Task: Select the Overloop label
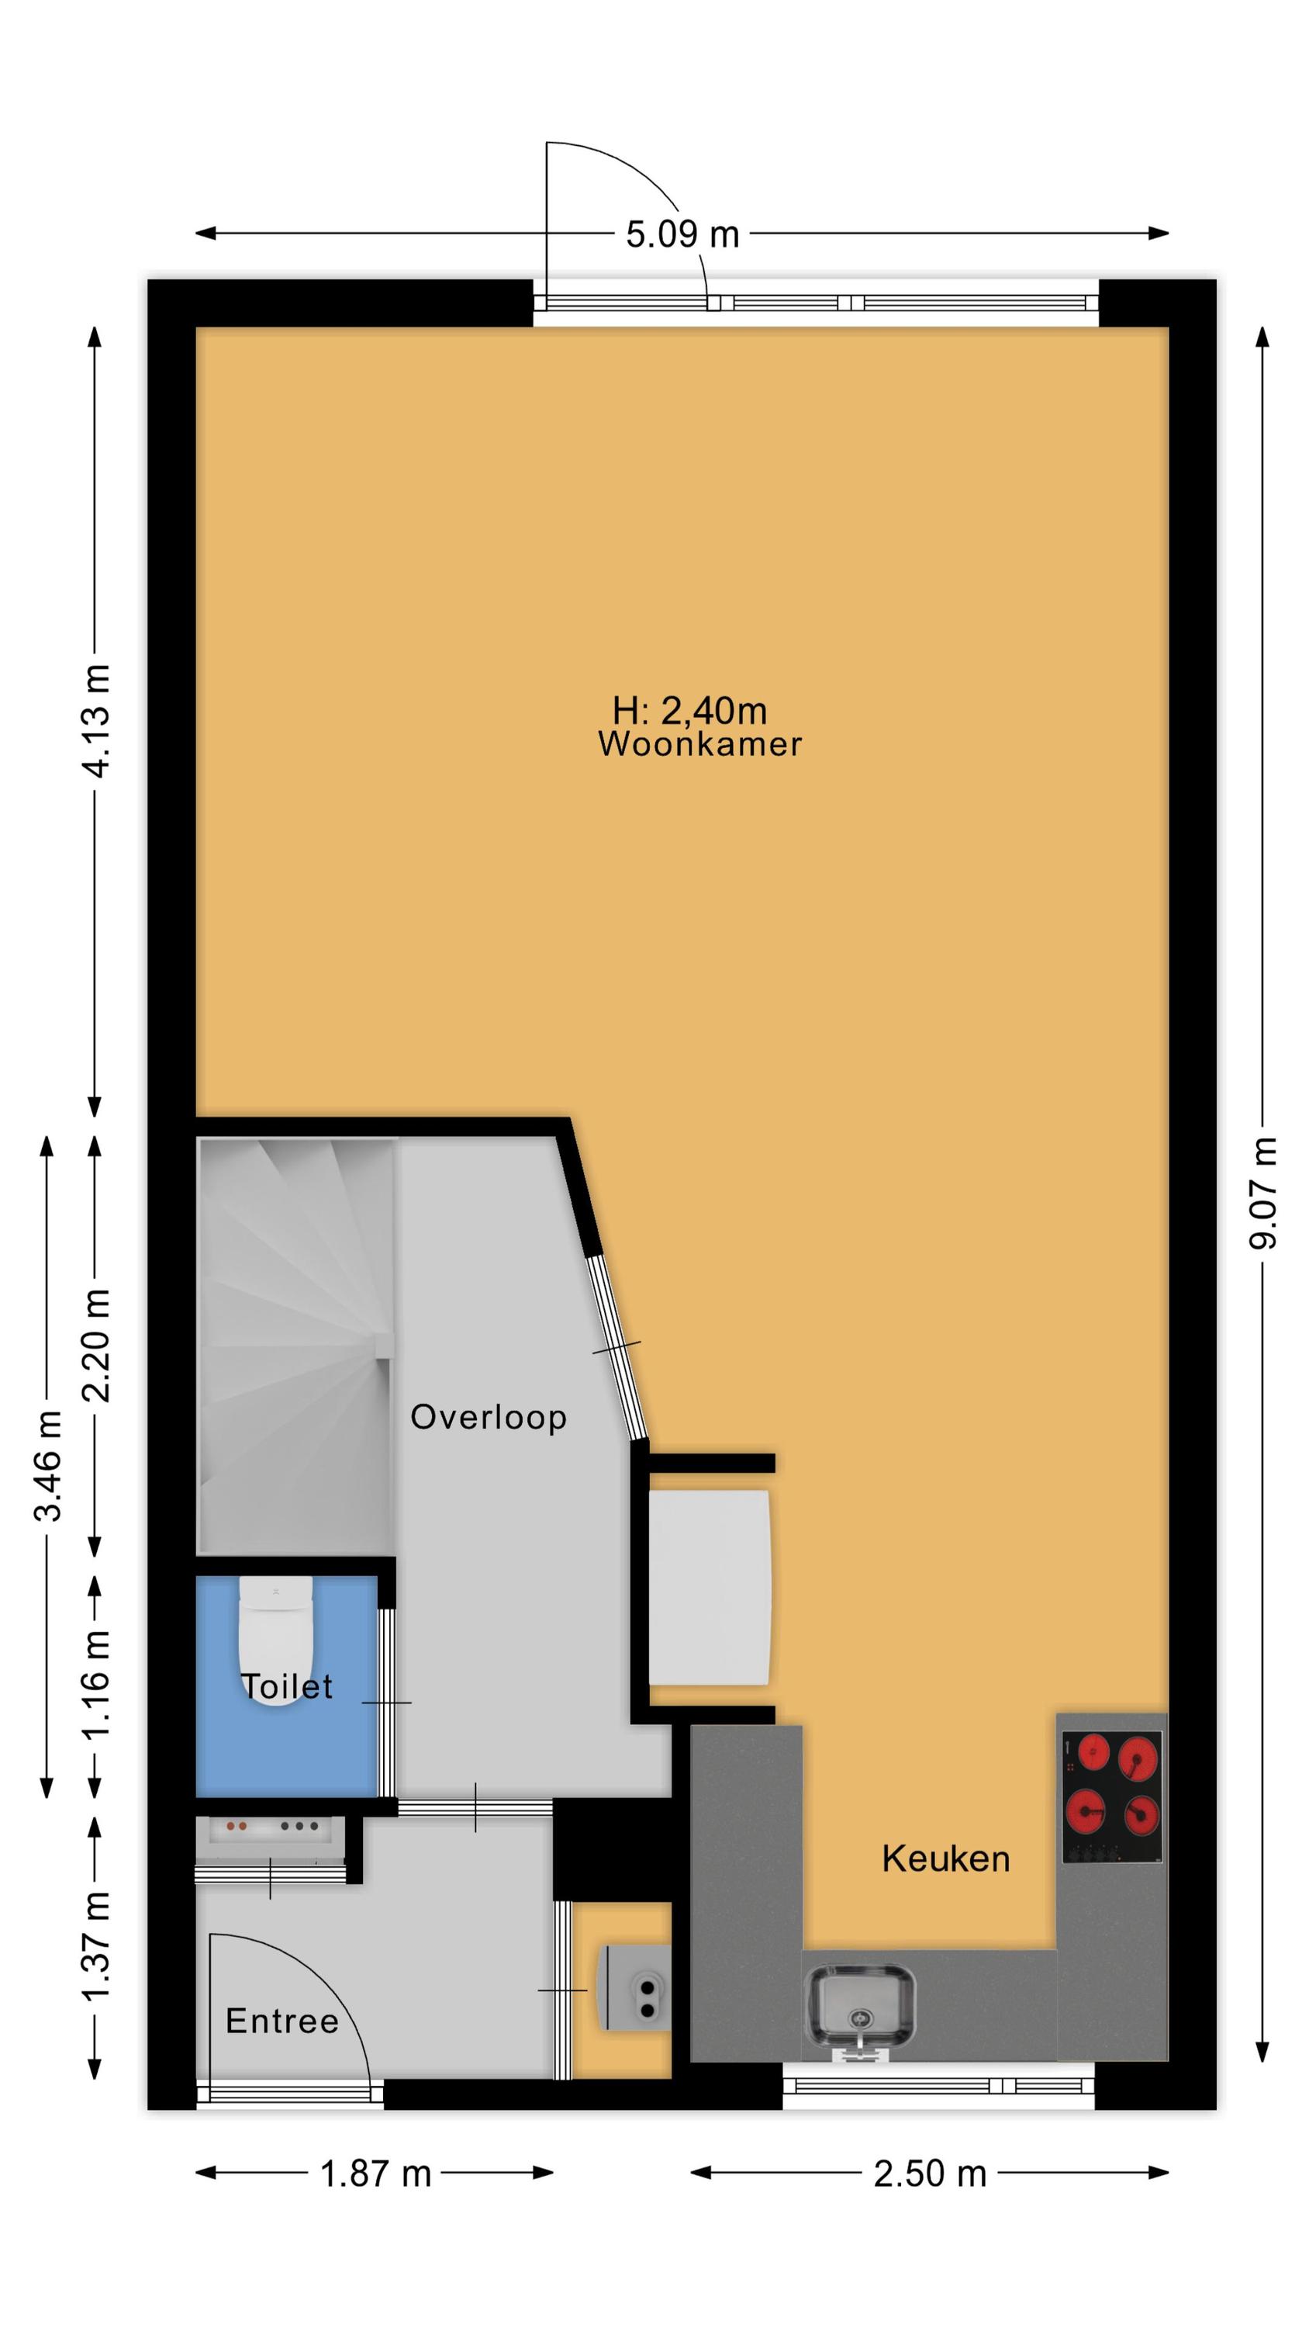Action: (489, 1416)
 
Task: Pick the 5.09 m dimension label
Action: (683, 235)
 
